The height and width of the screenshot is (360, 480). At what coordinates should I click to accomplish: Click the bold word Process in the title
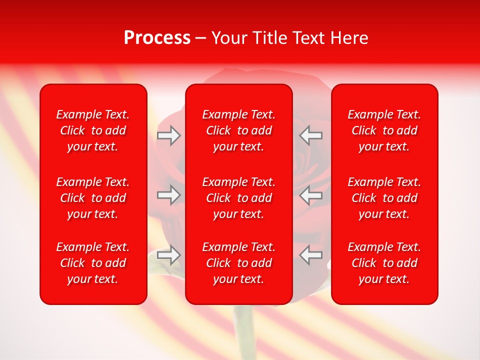tap(157, 38)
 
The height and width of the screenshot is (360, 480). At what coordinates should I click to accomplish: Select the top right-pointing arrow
tap(168, 135)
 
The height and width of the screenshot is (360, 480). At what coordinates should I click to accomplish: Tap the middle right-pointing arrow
tap(168, 195)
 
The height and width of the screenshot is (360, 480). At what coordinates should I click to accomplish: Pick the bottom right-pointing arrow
tap(168, 254)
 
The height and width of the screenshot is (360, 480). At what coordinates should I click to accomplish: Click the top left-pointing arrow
tap(311, 135)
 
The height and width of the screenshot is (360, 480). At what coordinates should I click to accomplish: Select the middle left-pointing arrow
tap(311, 195)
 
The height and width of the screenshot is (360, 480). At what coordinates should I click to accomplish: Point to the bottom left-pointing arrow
tap(311, 254)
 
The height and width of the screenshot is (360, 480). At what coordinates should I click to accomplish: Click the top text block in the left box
tap(93, 130)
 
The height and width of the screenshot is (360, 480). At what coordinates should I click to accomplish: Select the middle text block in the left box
tap(93, 198)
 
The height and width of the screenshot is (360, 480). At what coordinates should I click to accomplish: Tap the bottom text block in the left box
tap(93, 263)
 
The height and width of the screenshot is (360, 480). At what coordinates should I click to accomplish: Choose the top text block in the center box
tap(238, 130)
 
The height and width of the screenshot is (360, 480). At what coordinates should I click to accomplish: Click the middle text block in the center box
tap(238, 198)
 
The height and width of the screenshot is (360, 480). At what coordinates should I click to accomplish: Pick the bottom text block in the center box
tap(238, 263)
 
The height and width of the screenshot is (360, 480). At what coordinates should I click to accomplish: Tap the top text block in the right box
tap(384, 130)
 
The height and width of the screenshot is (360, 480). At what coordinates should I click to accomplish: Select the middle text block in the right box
tap(384, 198)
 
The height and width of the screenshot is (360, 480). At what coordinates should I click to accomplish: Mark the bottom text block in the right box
tap(384, 263)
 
